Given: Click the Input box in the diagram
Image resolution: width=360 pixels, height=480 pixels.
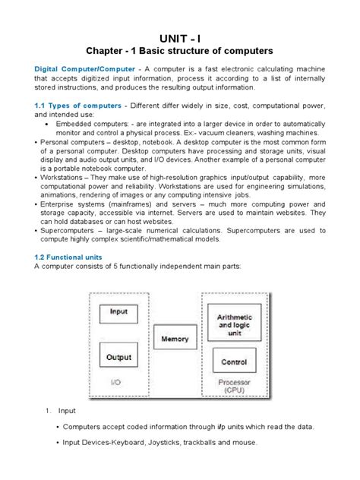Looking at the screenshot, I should click(x=118, y=311).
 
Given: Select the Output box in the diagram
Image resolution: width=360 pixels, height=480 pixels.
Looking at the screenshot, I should click(x=118, y=355).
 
